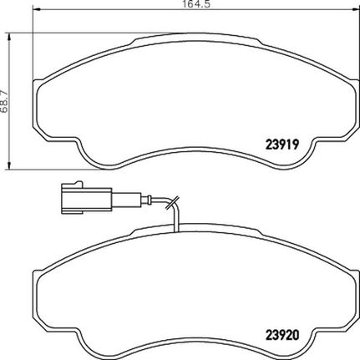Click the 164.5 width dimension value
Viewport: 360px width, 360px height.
(x=195, y=4)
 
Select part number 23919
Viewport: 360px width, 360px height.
(x=282, y=145)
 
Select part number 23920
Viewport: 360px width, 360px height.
(x=282, y=335)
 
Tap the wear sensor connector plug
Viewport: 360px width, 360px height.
(x=86, y=198)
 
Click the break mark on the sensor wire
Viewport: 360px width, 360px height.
(x=172, y=202)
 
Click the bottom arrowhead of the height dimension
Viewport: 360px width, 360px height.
(x=10, y=165)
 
